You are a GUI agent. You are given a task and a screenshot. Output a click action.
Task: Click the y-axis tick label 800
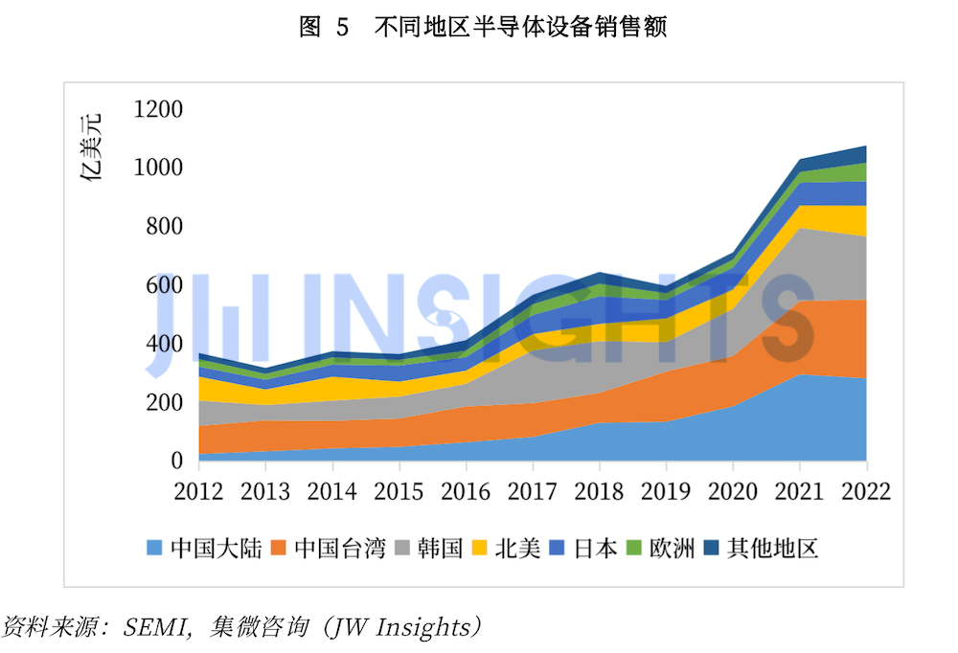point(164,227)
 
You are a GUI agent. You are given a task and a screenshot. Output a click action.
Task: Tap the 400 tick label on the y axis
point(164,344)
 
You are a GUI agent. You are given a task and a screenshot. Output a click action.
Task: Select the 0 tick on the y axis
point(176,461)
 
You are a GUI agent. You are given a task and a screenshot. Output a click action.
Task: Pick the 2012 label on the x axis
point(198,491)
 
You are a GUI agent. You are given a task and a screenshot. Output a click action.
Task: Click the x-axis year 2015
point(399,491)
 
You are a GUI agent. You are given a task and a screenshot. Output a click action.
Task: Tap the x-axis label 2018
point(600,491)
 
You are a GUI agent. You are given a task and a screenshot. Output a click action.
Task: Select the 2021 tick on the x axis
point(800,491)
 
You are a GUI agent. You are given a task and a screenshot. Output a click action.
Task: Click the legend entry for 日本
point(584,549)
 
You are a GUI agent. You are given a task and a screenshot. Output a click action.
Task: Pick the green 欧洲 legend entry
point(661,549)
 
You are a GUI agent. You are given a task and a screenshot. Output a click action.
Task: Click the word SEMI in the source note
point(149,628)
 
